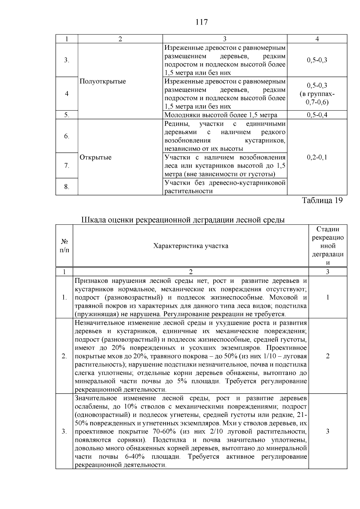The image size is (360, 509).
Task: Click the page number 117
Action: (x=201, y=22)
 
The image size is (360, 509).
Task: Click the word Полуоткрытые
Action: (x=103, y=82)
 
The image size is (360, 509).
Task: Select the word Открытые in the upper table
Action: (x=95, y=157)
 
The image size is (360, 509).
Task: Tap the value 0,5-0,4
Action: (x=317, y=115)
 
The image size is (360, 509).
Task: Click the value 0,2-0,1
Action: (x=317, y=157)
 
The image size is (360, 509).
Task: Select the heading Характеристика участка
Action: (x=190, y=246)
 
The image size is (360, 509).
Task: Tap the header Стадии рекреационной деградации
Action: (x=328, y=246)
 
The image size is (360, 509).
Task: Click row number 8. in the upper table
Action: (x=67, y=187)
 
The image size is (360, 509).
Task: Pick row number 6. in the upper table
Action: (x=67, y=136)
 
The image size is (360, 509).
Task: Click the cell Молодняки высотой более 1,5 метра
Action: (x=221, y=115)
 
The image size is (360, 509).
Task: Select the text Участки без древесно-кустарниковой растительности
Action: (x=225, y=187)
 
